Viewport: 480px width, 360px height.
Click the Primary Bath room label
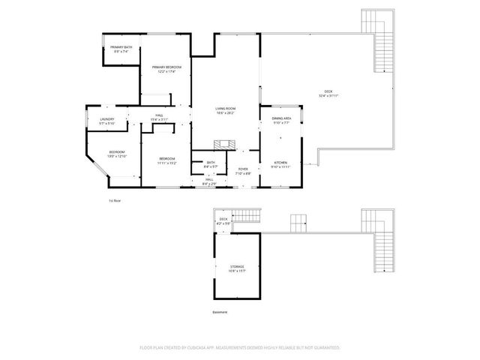click(x=123, y=49)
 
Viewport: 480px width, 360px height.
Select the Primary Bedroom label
click(x=167, y=69)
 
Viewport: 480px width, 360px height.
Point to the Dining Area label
click(x=281, y=120)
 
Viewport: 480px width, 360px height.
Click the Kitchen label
click(x=280, y=164)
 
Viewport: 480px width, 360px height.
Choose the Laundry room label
click(x=107, y=121)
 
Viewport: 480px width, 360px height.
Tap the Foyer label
click(x=243, y=170)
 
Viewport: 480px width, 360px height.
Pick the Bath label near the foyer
click(x=211, y=163)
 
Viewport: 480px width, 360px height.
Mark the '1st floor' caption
click(x=115, y=201)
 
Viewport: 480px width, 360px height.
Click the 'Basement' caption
click(x=219, y=312)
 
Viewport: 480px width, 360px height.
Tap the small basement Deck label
click(x=223, y=220)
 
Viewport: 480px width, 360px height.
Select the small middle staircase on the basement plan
click(x=298, y=222)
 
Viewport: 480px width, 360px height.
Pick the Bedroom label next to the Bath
click(x=167, y=160)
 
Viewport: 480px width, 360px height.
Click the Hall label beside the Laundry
click(x=159, y=117)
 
